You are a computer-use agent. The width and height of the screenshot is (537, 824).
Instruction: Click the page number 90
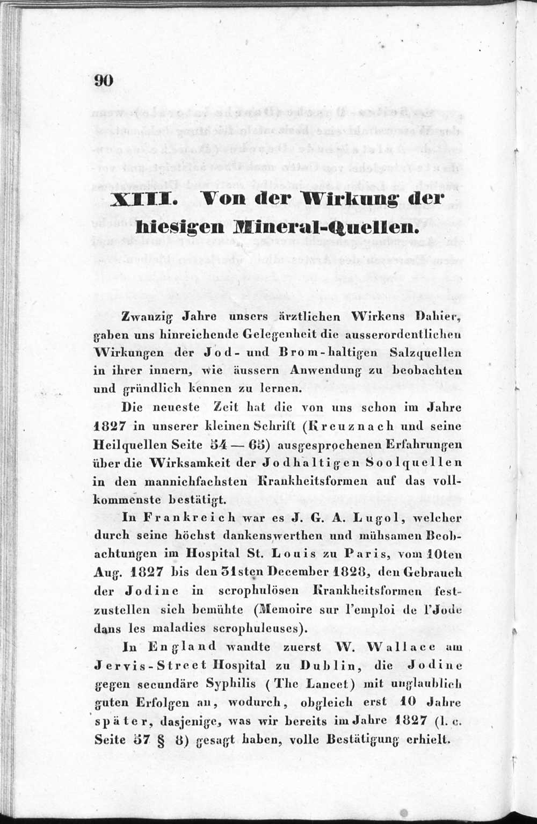103,81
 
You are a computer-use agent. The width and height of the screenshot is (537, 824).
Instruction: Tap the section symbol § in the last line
158,739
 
